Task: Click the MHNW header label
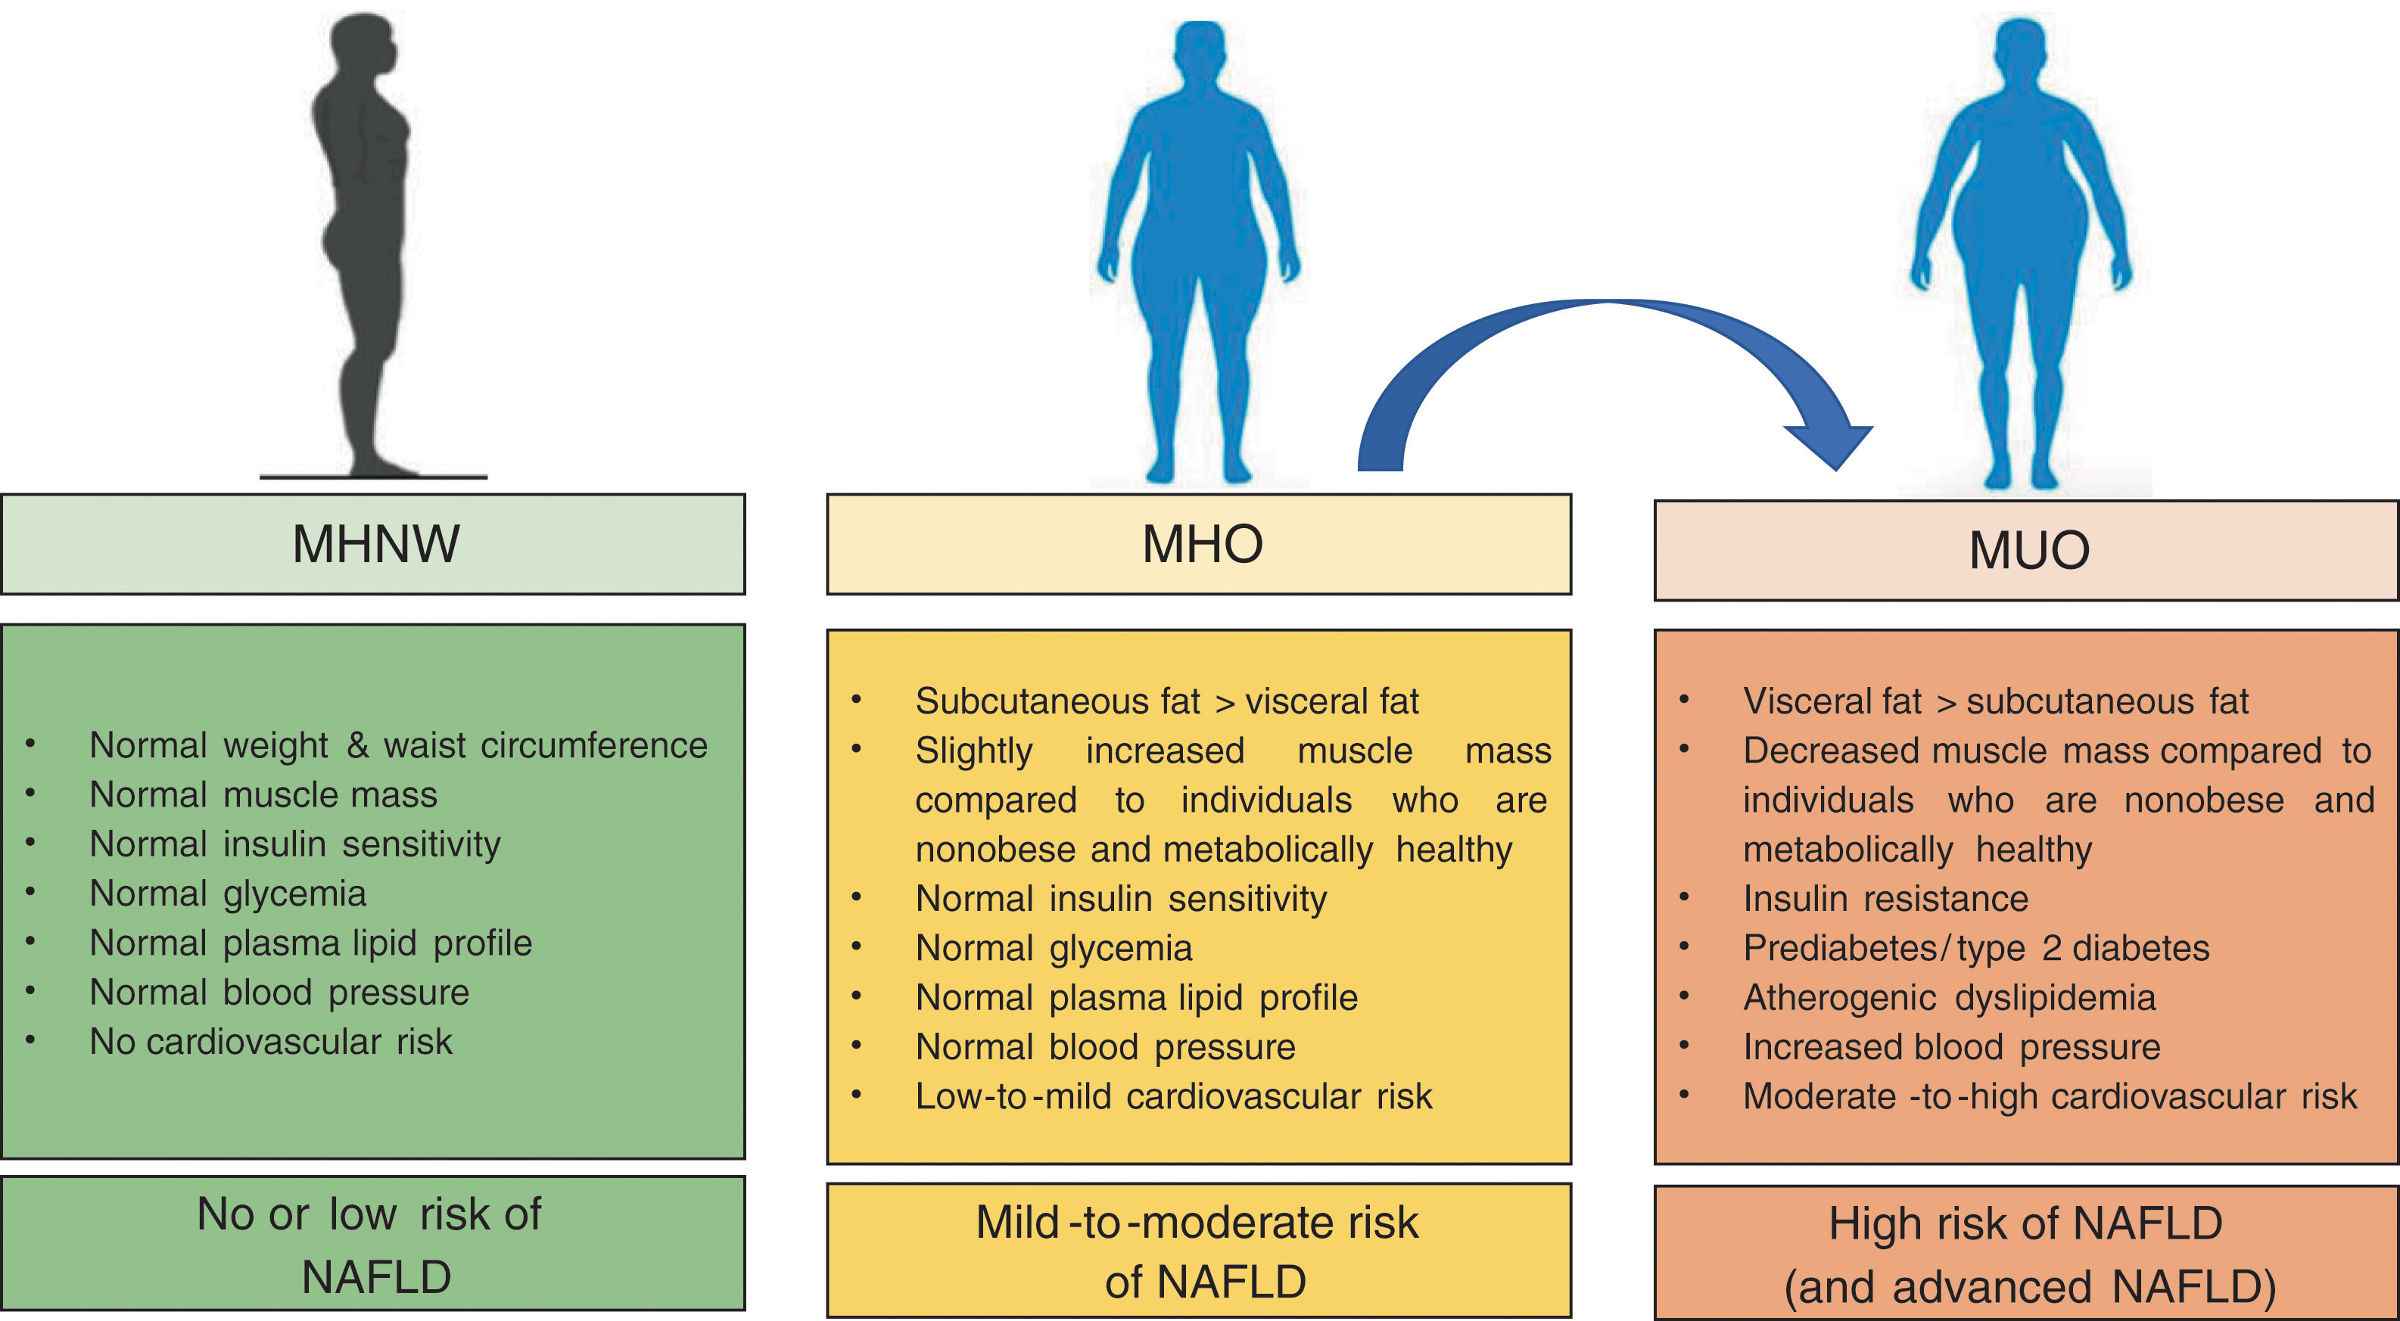coord(375,544)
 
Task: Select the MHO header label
coord(1202,544)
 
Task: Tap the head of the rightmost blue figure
coord(2020,51)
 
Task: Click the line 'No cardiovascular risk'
coord(270,1042)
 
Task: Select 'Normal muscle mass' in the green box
coord(263,794)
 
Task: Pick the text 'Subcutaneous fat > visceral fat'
coord(1166,701)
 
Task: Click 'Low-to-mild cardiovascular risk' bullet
coord(1173,1096)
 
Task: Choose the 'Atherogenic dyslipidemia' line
coord(1949,998)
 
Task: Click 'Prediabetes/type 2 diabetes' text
coord(1976,948)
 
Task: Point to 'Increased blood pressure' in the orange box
coord(1951,1047)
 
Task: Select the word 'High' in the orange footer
coord(1867,1224)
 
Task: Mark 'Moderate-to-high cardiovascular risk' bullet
coord(2049,1096)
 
